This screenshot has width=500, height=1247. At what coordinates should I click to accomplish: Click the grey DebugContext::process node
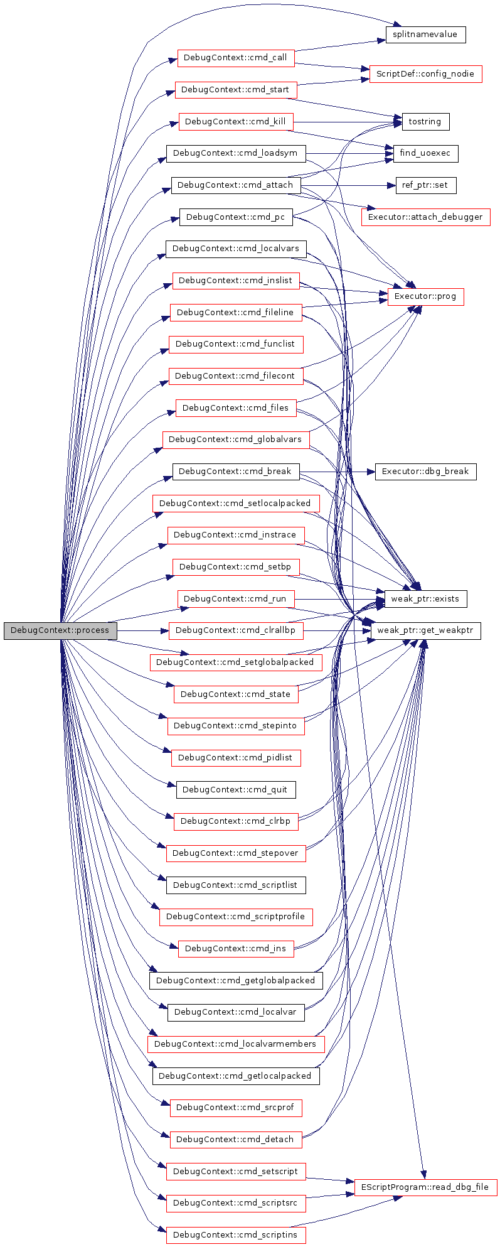60,630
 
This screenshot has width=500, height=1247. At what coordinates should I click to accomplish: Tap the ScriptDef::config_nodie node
425,73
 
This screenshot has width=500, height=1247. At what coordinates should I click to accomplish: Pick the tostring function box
425,122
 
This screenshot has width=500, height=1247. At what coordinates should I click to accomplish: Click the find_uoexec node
425,153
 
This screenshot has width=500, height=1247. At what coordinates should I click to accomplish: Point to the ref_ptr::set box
426,185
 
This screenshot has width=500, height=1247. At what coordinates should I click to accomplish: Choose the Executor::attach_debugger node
425,217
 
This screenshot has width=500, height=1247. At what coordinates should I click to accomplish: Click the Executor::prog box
425,296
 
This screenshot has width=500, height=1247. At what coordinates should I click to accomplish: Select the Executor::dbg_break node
425,472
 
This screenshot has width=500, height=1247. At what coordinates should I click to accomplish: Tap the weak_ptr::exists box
425,599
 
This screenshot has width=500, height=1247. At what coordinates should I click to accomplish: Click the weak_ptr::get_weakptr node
425,630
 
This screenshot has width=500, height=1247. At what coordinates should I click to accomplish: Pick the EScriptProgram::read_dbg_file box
425,1187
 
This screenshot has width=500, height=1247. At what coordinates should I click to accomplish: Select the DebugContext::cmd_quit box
236,790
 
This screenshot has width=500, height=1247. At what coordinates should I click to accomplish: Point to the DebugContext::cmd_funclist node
236,345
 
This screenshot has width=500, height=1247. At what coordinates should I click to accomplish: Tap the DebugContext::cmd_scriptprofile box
236,917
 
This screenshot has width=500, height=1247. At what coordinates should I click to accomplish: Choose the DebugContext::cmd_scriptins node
236,1235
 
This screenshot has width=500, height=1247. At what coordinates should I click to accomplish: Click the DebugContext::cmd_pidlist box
236,758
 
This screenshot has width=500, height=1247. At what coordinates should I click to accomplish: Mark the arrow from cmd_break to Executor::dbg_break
337,472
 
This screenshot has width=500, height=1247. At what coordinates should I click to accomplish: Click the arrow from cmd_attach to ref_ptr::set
348,185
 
